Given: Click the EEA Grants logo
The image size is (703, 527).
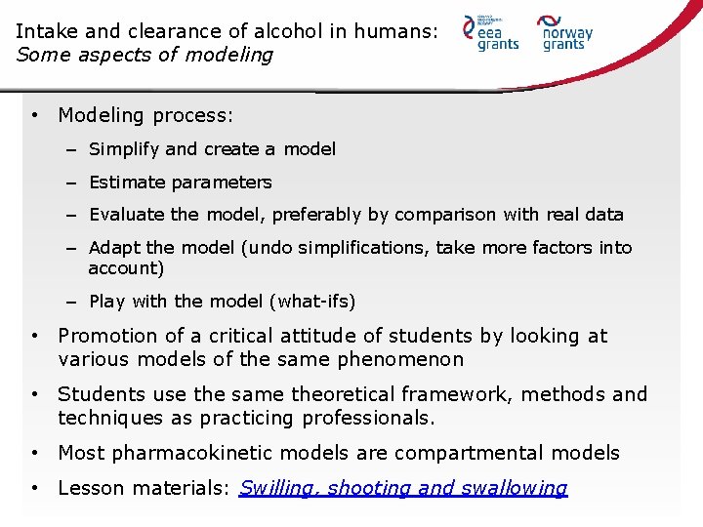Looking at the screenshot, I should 492,33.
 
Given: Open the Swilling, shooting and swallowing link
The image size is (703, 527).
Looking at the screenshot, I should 403,488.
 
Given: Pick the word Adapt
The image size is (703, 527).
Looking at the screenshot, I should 112,248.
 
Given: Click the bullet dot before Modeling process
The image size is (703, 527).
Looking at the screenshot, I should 34,115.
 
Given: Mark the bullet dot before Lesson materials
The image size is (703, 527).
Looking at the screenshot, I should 34,488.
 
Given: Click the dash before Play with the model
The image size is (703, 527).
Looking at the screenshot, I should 72,302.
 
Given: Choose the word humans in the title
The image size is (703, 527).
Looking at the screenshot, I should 392,31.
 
